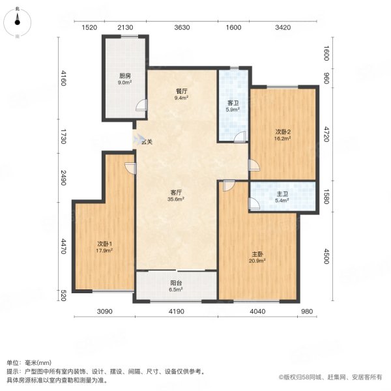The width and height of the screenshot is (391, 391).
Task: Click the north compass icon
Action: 17,22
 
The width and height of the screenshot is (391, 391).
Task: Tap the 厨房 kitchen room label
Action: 124,79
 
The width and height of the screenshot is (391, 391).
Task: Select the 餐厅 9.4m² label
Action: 181,94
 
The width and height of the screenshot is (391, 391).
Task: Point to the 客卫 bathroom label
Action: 233,106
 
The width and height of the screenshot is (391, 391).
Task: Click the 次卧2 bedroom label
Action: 283,135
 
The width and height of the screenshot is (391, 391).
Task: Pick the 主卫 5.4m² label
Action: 283,197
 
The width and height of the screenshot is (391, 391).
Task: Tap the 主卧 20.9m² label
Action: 257,257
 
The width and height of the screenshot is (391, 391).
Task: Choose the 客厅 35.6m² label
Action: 176,195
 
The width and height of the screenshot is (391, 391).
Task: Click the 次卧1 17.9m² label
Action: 104,247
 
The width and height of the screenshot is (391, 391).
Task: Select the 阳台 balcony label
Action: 176,286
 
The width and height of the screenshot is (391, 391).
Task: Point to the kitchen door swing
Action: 141,105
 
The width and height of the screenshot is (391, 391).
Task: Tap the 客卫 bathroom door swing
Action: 240,137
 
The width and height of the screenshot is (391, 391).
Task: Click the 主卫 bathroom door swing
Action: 254,203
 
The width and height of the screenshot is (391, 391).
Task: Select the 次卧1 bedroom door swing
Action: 130,168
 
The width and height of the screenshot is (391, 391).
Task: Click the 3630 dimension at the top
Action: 182,27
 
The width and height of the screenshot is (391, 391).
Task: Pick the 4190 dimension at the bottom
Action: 177,311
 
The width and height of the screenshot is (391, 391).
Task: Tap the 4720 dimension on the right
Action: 326,134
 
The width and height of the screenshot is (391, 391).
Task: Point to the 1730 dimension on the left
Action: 63,136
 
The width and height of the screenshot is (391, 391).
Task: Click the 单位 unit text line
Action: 29,363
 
